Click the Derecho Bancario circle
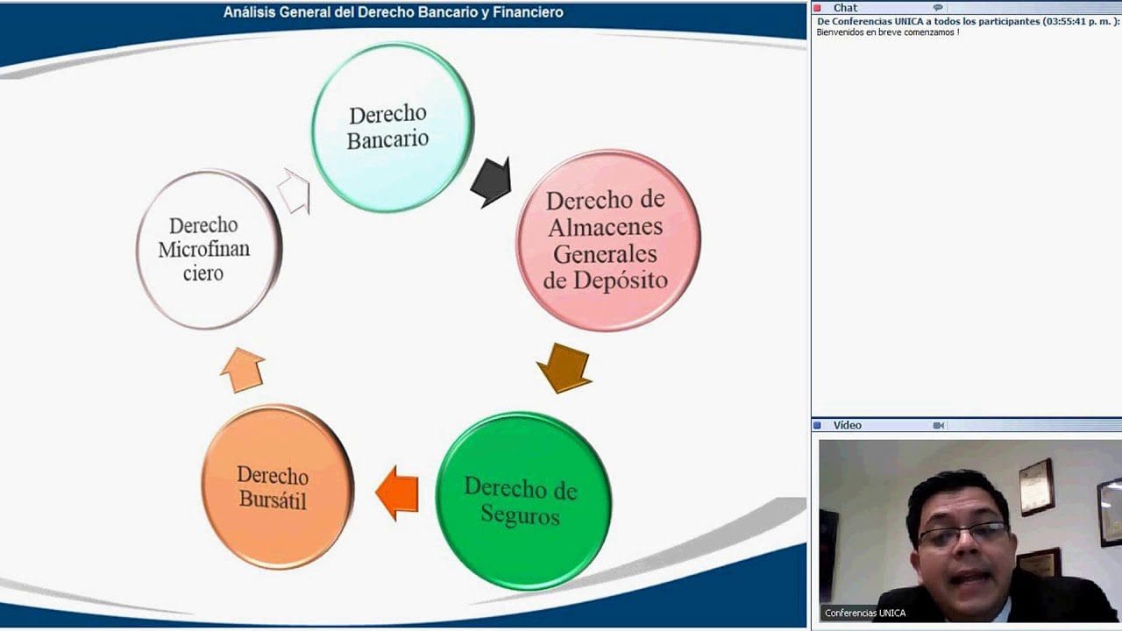[392, 127]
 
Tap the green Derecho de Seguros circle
[522, 500]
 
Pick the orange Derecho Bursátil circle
[277, 487]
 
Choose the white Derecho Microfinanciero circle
[208, 250]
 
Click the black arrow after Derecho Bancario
[492, 181]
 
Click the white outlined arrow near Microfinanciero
[295, 192]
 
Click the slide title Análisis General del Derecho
[393, 12]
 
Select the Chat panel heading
[845, 8]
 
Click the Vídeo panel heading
[848, 425]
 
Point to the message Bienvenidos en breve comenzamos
[887, 32]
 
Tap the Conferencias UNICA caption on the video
[865, 613]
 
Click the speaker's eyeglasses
[962, 534]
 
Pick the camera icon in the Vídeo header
[938, 425]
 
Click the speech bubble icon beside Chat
[937, 8]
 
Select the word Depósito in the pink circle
[621, 280]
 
